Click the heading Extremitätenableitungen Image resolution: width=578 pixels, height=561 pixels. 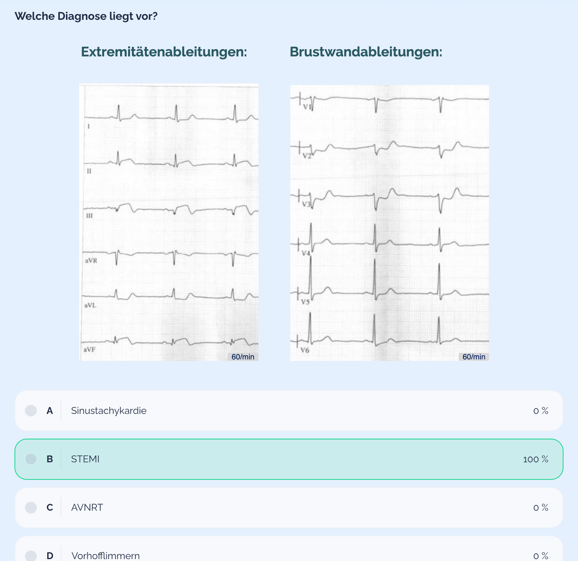[x=164, y=52]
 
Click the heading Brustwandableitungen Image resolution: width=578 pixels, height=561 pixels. [x=366, y=52]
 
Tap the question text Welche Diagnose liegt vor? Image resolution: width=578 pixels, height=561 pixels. [x=86, y=16]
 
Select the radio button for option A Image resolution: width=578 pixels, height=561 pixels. [x=31, y=410]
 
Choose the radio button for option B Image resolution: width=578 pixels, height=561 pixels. [x=31, y=459]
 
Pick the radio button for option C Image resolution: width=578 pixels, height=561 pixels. [x=31, y=507]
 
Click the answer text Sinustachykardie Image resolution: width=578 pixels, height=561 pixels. [x=109, y=410]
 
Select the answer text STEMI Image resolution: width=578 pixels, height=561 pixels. [x=85, y=459]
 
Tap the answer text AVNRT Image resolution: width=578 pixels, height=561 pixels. [x=87, y=507]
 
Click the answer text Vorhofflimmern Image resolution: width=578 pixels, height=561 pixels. [x=105, y=556]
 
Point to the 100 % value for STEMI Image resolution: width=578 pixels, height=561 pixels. [x=536, y=459]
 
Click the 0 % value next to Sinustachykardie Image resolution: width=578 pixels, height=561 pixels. [x=541, y=411]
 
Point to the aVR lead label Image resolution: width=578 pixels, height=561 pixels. [x=91, y=261]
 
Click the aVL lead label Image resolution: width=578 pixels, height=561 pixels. [x=90, y=305]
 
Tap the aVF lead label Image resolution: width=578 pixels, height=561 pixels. [x=90, y=350]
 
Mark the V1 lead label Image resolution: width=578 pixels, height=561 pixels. [x=307, y=107]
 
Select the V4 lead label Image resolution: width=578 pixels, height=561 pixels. [x=306, y=253]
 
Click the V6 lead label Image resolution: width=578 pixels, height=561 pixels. [x=305, y=350]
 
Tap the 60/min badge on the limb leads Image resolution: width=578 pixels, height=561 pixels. [x=243, y=357]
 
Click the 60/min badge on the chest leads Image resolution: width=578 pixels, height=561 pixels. [x=474, y=357]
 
